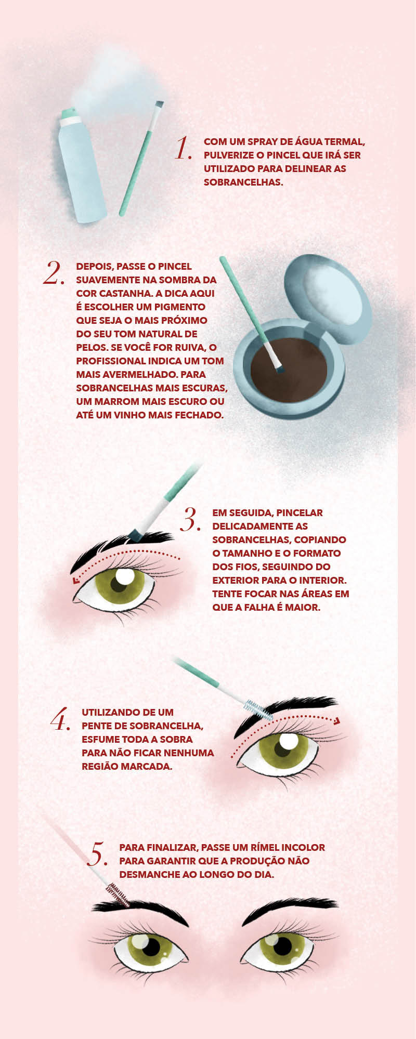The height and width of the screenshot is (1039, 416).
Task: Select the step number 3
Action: click(x=190, y=519)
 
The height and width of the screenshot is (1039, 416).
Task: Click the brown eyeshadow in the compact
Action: click(x=289, y=368)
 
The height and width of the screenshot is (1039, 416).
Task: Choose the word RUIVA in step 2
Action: click(x=186, y=348)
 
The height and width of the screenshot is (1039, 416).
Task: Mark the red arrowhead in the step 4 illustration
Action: click(x=337, y=721)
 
